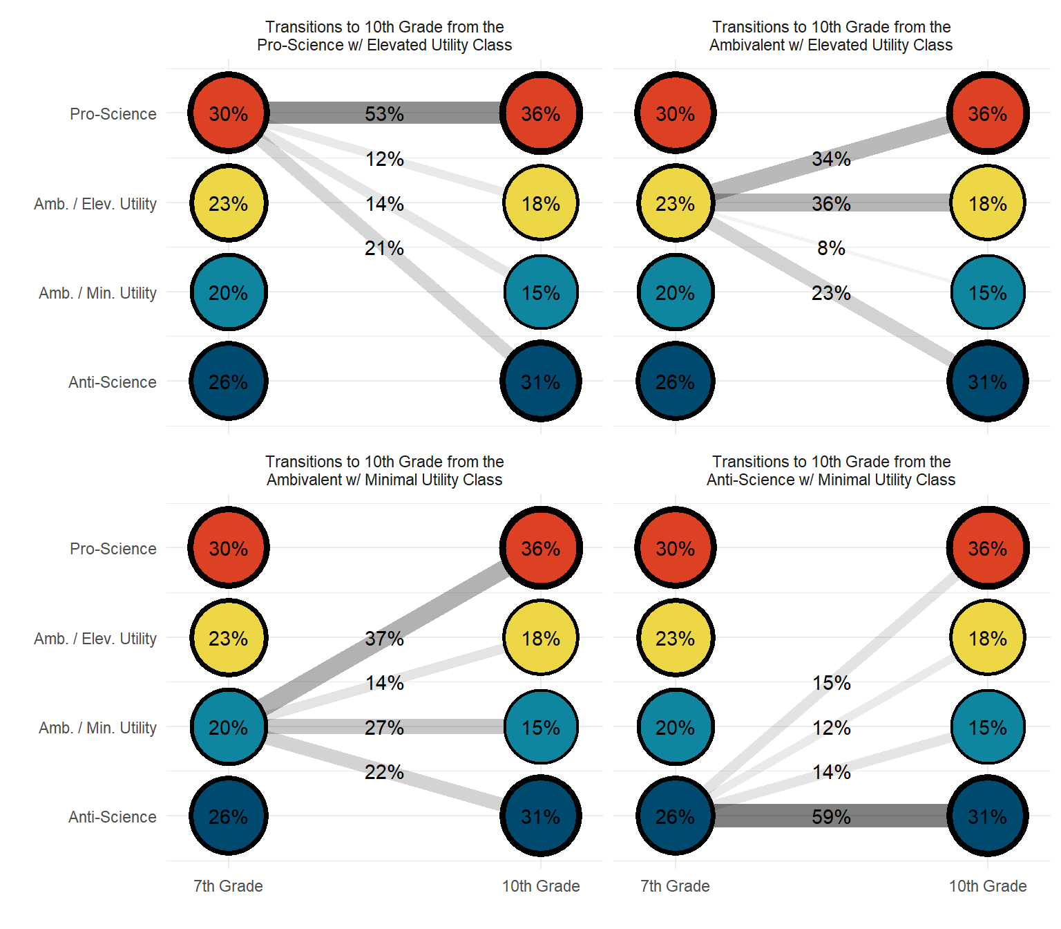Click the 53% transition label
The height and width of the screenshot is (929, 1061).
tap(384, 114)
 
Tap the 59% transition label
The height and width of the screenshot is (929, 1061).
tap(831, 817)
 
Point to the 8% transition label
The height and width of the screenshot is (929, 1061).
tap(831, 248)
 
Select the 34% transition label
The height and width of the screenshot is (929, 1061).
tap(831, 159)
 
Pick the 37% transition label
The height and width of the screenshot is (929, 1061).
tap(384, 639)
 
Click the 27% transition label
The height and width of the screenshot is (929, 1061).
tap(384, 728)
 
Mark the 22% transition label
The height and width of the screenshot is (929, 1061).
tap(384, 772)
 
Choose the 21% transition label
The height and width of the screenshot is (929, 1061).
tap(384, 248)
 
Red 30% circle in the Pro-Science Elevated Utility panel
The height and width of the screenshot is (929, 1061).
tap(229, 113)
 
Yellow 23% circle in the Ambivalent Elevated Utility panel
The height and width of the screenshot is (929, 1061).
tap(675, 203)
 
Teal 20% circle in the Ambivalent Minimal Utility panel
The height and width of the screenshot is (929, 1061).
tap(229, 727)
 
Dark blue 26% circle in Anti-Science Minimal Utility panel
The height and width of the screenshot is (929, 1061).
tap(675, 816)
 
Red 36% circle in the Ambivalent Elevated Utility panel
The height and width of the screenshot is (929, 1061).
tap(988, 113)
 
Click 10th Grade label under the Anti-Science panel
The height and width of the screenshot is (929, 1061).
tap(988, 886)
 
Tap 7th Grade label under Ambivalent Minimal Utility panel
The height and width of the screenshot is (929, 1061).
tap(229, 886)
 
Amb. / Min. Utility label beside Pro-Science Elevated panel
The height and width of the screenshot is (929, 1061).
tap(98, 293)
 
